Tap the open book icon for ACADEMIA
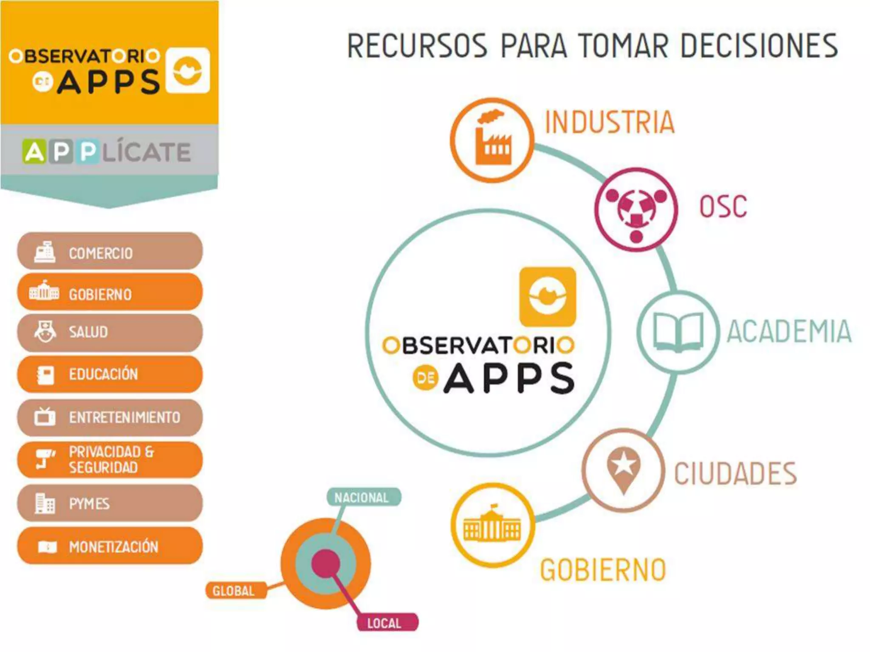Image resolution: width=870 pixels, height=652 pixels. tap(678, 332)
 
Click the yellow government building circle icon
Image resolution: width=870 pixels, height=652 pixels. tap(492, 526)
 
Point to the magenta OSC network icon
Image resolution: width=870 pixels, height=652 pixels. tap(636, 209)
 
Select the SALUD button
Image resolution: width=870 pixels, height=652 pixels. tap(110, 332)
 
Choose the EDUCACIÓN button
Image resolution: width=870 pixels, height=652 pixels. tap(110, 374)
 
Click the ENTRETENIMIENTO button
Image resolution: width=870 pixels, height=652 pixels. tap(110, 417)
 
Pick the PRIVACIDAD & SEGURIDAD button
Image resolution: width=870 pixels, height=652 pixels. tap(110, 460)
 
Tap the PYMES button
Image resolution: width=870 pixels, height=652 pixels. tap(110, 503)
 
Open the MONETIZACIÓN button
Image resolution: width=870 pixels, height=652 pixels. tap(110, 546)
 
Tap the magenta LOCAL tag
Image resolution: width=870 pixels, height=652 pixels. tap(386, 623)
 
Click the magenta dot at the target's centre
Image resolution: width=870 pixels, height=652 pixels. tap(326, 563)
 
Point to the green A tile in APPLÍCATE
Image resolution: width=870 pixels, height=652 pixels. tap(34, 152)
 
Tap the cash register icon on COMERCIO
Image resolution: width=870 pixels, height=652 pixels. tap(45, 252)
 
